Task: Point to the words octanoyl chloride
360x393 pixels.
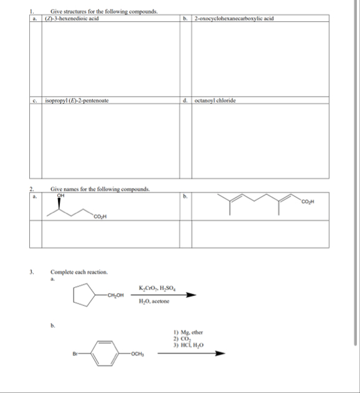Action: click(x=215, y=100)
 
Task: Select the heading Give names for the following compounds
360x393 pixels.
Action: click(x=100, y=189)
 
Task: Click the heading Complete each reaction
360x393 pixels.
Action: click(x=79, y=272)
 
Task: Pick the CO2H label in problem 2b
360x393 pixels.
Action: click(x=309, y=201)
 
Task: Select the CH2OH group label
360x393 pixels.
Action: click(x=115, y=295)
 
